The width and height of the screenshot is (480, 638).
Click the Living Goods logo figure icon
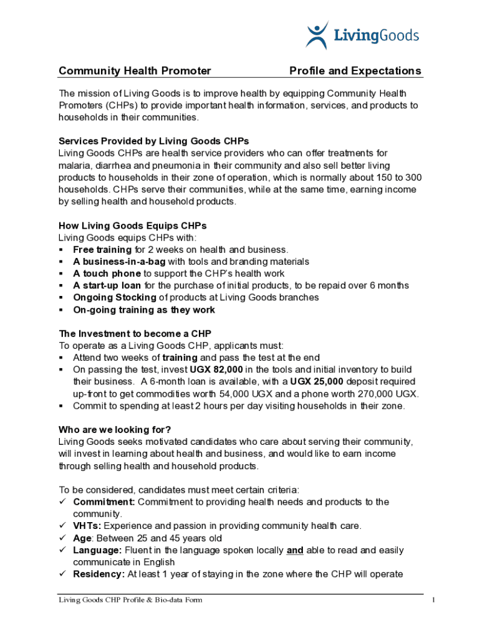tap(317, 35)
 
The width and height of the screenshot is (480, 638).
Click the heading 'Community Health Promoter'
tap(135, 71)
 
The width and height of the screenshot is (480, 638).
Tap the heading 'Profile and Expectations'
tap(355, 71)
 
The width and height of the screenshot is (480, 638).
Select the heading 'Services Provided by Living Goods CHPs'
tap(154, 141)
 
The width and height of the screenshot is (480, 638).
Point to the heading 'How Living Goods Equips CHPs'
tap(132, 226)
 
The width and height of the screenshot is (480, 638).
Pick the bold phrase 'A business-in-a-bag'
tap(119, 262)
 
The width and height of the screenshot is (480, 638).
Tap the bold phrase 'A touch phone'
tap(107, 274)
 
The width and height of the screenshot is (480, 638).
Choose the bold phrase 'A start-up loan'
tap(107, 285)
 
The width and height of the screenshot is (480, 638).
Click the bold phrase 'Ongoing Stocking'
tap(115, 298)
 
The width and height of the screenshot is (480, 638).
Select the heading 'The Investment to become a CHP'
tap(139, 333)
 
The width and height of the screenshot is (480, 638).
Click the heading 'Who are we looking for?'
tap(115, 430)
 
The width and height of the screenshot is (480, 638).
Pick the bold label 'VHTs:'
tap(85, 526)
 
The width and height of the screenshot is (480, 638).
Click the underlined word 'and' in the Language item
tap(295, 550)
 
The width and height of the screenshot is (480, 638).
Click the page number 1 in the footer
tap(433, 600)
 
